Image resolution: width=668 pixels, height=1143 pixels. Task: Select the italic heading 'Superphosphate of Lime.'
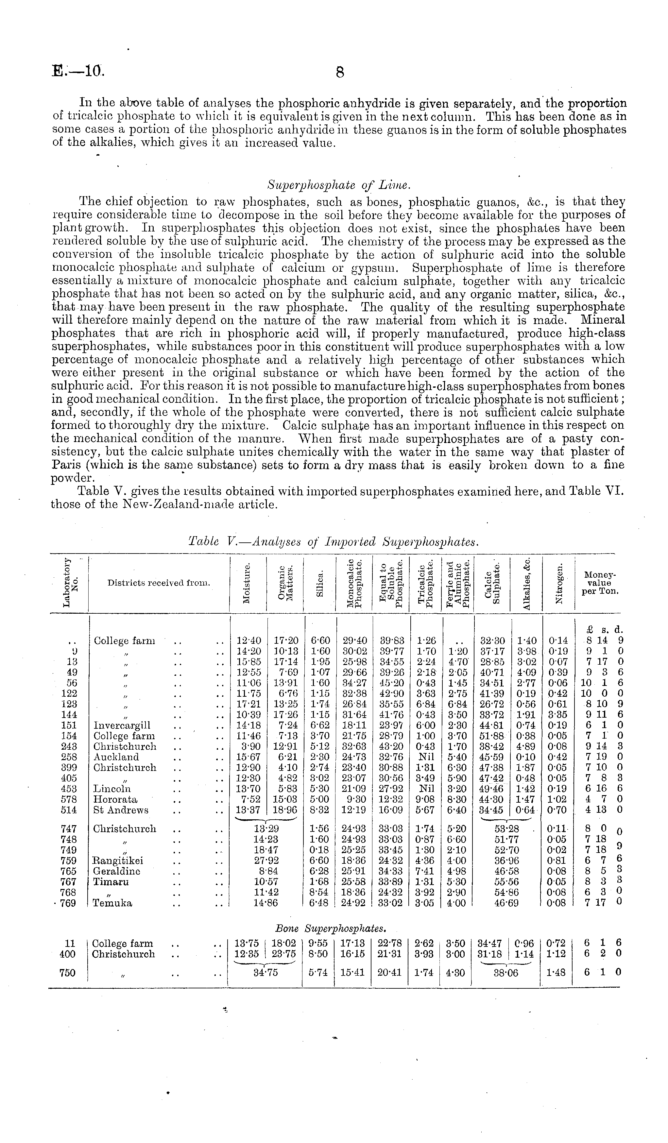click(x=339, y=185)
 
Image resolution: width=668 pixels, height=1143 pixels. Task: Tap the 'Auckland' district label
click(x=116, y=757)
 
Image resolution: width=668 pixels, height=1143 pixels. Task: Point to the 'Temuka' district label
click(x=112, y=903)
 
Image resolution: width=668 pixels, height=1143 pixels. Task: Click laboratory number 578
click(x=68, y=799)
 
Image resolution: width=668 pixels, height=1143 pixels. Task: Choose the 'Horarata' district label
click(x=115, y=799)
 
